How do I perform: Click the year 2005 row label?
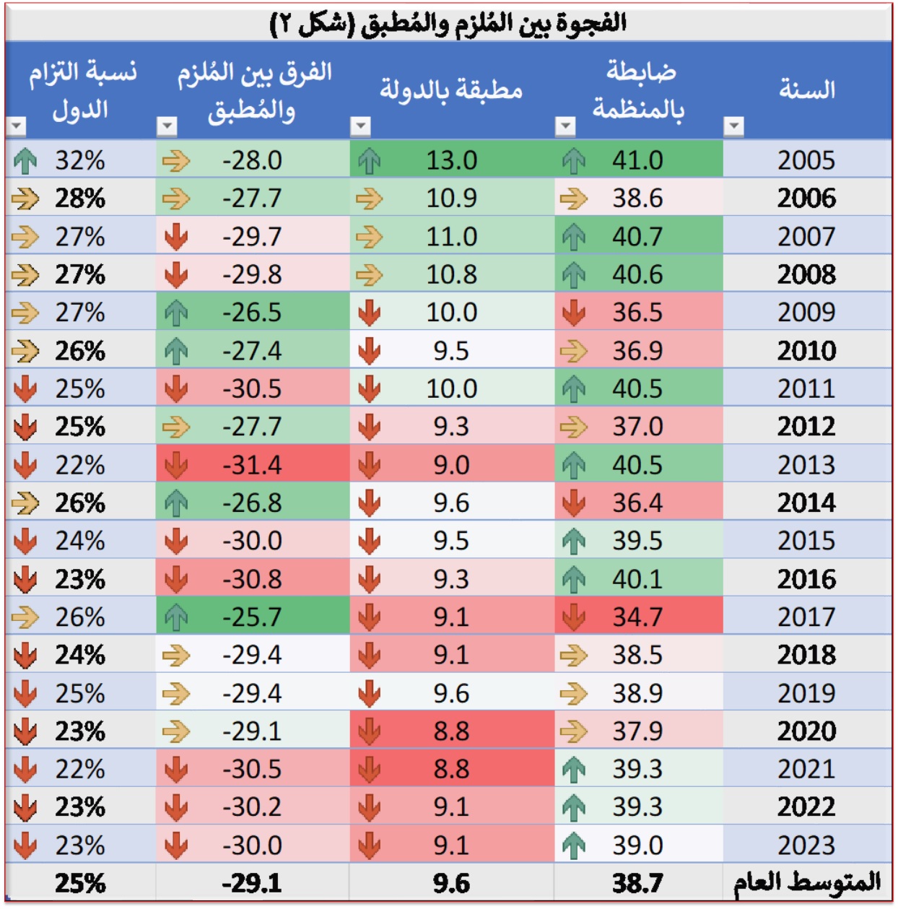click(x=806, y=160)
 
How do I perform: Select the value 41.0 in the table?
click(x=637, y=160)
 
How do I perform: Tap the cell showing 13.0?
click(x=451, y=160)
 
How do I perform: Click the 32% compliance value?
click(x=80, y=160)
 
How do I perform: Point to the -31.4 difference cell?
click(x=252, y=465)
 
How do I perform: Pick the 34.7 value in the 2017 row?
click(x=637, y=617)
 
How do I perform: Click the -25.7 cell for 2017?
click(x=252, y=617)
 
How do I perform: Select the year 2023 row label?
click(x=806, y=845)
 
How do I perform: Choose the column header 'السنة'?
click(x=807, y=90)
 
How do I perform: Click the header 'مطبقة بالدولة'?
click(x=451, y=90)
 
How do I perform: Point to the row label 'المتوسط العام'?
click(x=807, y=882)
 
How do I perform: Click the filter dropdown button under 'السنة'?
click(x=734, y=127)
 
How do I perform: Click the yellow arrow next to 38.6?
click(x=574, y=199)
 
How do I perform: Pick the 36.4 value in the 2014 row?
click(x=637, y=503)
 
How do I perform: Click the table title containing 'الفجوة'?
click(x=448, y=24)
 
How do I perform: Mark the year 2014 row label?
click(x=806, y=503)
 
